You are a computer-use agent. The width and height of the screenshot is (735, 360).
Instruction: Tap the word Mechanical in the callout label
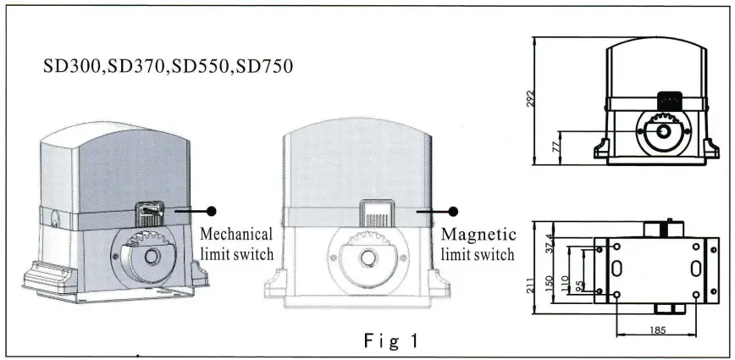click(235, 234)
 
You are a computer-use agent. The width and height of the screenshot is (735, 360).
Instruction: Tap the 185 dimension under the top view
click(653, 332)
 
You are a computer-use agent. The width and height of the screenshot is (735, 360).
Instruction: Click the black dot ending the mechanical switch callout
click(212, 210)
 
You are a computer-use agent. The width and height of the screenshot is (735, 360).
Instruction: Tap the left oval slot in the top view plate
click(616, 269)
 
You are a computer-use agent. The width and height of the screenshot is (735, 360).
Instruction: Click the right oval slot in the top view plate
click(695, 269)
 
